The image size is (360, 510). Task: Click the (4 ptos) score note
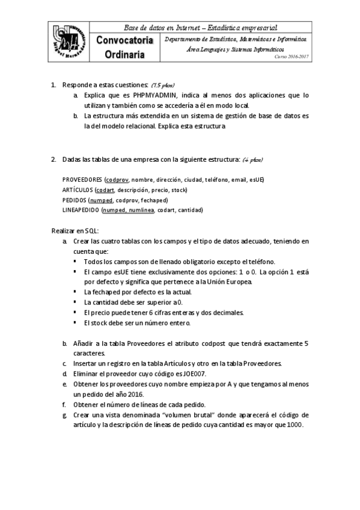point(251,161)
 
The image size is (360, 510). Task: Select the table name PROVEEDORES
point(82,180)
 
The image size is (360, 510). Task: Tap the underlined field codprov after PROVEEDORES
point(117,180)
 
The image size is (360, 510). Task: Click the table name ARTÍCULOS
point(78,190)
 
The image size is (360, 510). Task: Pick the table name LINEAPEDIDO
point(81,210)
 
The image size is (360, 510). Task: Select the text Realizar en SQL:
point(75,231)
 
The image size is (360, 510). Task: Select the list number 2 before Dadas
point(53,159)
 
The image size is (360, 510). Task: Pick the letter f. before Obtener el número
point(64,404)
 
